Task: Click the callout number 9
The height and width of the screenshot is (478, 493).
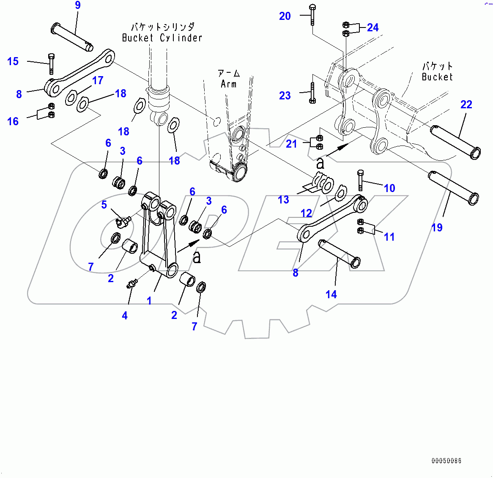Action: pos(77,5)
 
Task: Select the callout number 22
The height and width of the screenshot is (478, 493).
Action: pos(466,104)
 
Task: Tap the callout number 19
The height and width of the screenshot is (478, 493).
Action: pos(437,228)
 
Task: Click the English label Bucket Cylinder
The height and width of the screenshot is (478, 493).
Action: pos(162,38)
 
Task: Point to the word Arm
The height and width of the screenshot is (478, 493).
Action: pos(229,84)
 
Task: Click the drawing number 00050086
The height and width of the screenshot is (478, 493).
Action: pos(446,461)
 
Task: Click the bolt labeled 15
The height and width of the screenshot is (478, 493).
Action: pos(51,63)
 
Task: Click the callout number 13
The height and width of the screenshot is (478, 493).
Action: pos(283,200)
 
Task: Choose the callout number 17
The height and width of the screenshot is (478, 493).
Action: pos(98,80)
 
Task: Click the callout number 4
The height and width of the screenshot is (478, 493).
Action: pos(125,316)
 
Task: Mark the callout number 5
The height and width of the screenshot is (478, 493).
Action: pos(104,205)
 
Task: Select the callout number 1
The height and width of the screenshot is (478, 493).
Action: pos(149,301)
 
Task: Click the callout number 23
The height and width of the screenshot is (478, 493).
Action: pos(285,96)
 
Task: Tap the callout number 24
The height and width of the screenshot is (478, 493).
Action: pos(372,27)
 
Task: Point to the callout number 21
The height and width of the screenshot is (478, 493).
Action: pos(291,144)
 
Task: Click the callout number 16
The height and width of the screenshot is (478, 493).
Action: pos(13,122)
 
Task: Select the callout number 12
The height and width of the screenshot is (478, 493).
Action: pos(306,213)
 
